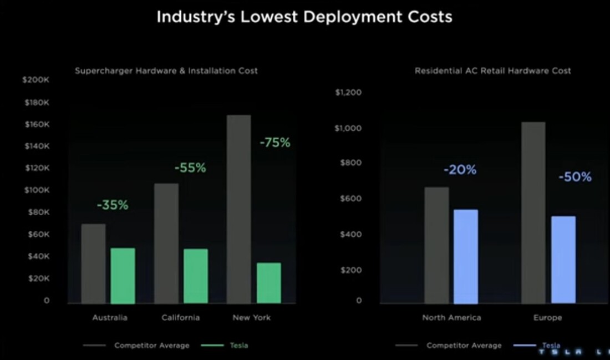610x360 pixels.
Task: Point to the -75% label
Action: (x=275, y=143)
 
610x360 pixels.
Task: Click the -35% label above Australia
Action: (x=113, y=205)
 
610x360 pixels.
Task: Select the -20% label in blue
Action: (x=460, y=170)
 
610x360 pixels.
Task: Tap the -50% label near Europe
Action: (x=575, y=177)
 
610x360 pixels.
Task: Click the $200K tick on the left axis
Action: (x=36, y=80)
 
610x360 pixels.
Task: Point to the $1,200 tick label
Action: (x=348, y=92)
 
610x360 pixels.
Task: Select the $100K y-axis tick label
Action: (x=37, y=190)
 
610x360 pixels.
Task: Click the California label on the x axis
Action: (x=181, y=318)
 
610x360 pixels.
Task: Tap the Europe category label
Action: (x=547, y=318)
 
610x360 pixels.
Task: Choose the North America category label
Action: (x=451, y=318)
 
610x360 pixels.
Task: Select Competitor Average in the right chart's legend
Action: (x=464, y=346)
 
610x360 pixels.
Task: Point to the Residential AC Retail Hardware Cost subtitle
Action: (x=492, y=71)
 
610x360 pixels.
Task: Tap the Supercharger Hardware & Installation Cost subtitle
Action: (x=166, y=71)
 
